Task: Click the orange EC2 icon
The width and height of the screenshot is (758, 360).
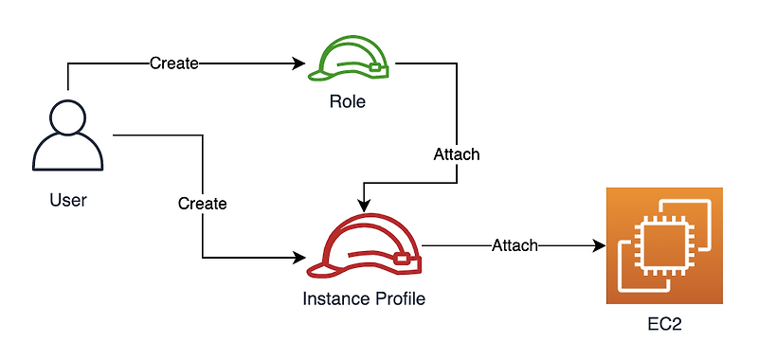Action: (664, 244)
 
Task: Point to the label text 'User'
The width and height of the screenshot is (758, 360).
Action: (67, 200)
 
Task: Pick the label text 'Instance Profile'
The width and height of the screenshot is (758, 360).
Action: (364, 298)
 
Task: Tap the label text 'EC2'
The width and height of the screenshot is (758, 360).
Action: (664, 324)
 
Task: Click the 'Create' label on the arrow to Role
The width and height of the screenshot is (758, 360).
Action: (174, 63)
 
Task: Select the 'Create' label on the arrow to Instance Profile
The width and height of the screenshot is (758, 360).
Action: (203, 204)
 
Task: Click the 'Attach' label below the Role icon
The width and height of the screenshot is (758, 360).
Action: (457, 153)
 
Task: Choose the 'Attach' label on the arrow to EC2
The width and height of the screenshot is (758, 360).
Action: (514, 246)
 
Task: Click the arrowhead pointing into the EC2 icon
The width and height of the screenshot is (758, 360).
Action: (599, 246)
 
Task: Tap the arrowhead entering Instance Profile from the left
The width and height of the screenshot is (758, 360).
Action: (301, 257)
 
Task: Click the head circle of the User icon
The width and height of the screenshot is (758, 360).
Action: (67, 117)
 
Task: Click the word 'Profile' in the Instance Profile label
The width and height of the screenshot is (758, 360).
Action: (399, 298)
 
